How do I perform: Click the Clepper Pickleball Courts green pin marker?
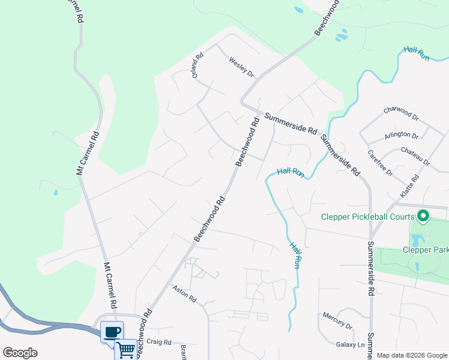[423, 215]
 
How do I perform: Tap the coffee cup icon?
[112, 332]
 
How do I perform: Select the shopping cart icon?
[125, 349]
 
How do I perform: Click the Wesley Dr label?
[241, 67]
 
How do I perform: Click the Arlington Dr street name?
[402, 135]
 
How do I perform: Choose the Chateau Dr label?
[415, 157]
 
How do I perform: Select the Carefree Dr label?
[380, 163]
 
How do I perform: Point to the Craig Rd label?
[159, 342]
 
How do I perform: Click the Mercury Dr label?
[337, 321]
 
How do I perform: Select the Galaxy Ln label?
[350, 344]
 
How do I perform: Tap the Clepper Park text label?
[426, 250]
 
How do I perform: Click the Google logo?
[20, 353]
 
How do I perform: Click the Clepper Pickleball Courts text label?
[367, 217]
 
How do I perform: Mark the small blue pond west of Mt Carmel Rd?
[55, 193]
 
